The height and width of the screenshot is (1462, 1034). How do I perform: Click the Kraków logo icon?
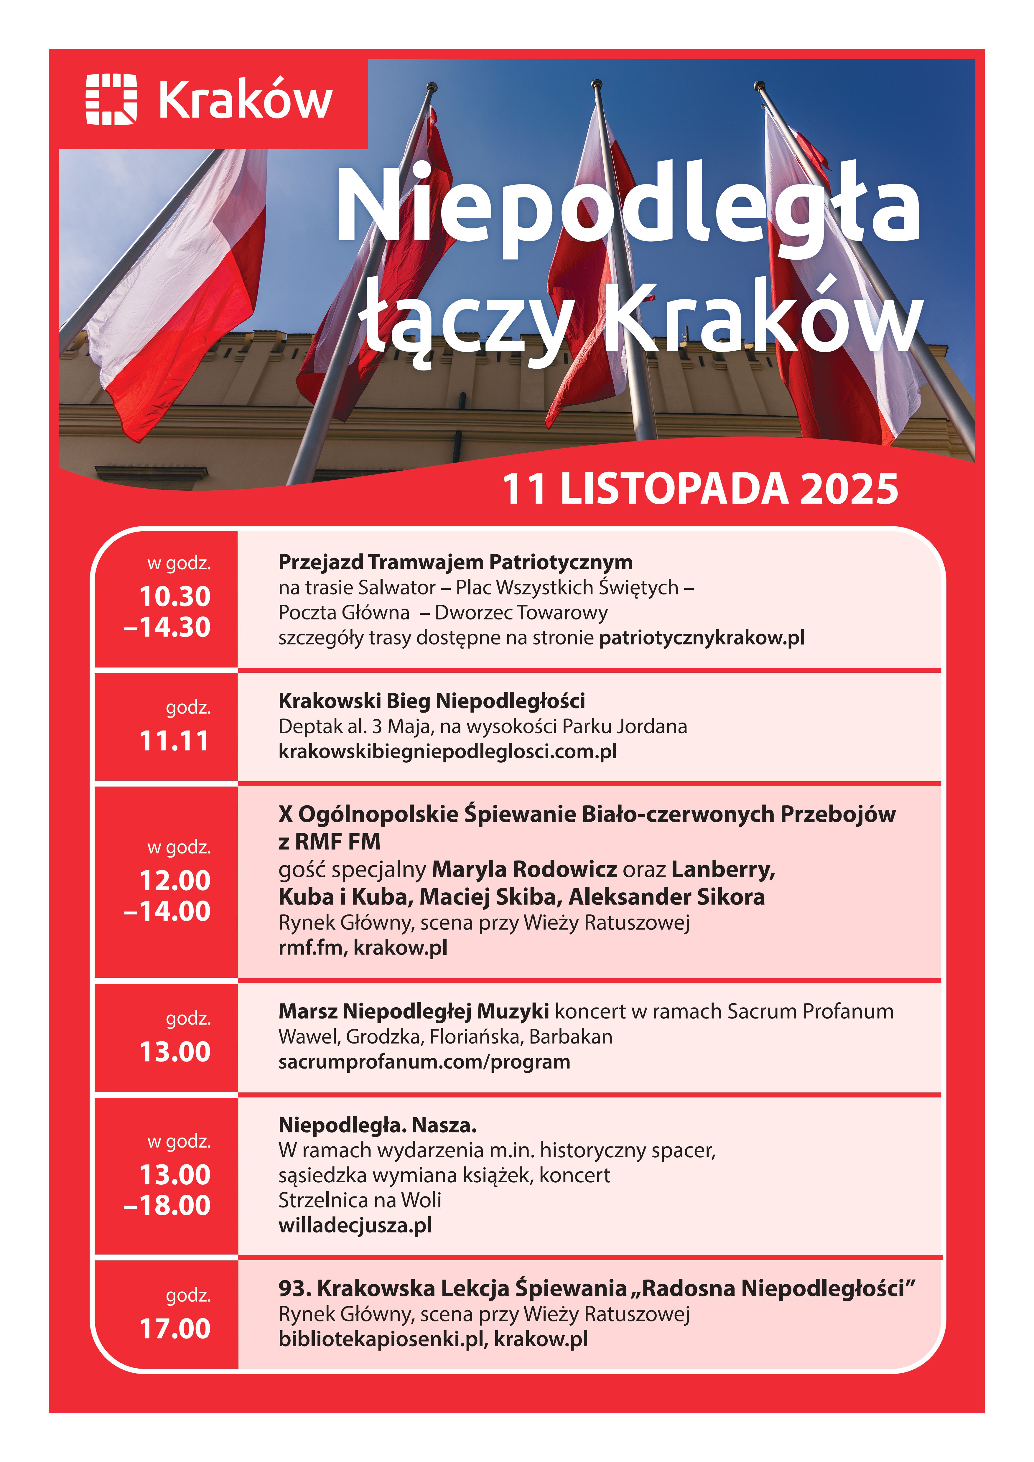click(x=111, y=99)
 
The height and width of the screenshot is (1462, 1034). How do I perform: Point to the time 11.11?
click(x=174, y=741)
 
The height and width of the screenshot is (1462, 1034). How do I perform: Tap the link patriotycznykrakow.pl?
click(x=702, y=637)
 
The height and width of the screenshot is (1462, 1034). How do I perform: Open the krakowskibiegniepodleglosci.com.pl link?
click(x=448, y=751)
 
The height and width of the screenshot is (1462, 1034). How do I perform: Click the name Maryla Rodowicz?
click(x=524, y=869)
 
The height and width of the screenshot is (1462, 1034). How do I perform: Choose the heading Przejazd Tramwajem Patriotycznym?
click(x=455, y=562)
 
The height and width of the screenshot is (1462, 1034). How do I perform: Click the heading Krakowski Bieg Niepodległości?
click(x=432, y=701)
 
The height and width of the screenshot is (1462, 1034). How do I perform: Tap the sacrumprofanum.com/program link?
click(x=424, y=1062)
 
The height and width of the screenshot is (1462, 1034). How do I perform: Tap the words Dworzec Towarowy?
click(x=521, y=613)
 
